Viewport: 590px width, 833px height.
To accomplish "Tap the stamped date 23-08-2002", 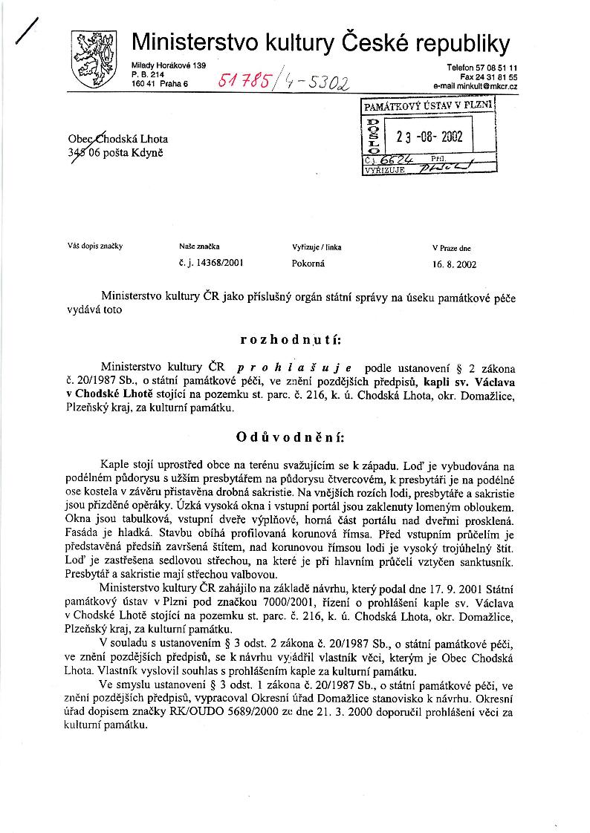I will [x=429, y=137].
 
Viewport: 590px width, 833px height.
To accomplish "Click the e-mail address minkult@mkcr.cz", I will [x=476, y=86].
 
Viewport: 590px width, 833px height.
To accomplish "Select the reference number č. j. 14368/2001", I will [x=212, y=263].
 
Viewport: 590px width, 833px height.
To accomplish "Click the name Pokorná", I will [x=308, y=263].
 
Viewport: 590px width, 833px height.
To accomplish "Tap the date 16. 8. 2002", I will [x=454, y=263].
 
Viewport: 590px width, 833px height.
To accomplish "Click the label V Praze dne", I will [x=451, y=247].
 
